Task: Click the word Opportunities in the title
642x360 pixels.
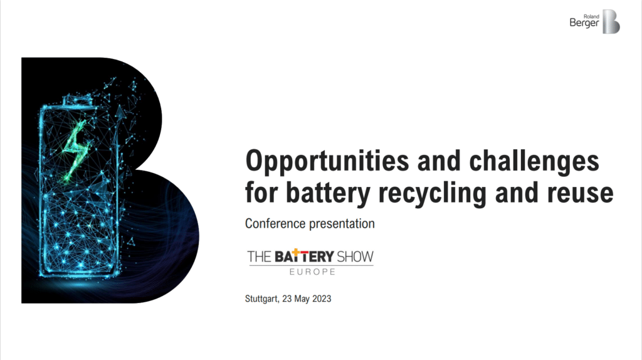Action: [327, 162]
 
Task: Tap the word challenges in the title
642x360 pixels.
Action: [534, 161]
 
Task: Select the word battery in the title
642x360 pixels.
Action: [328, 193]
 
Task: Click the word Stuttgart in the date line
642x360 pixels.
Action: [262, 299]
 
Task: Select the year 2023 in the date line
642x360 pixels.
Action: [322, 299]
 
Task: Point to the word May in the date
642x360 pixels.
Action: [302, 299]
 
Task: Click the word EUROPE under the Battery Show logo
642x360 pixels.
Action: [312, 272]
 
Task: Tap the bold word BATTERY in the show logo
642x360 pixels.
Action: [304, 257]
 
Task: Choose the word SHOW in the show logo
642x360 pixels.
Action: [355, 257]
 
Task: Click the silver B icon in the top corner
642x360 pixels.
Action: [611, 22]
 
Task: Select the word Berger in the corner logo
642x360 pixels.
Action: [584, 23]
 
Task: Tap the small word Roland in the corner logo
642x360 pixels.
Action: [591, 16]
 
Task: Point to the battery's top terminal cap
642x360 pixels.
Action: [76, 100]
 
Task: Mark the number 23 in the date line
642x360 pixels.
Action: [287, 299]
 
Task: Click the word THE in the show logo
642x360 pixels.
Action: [259, 257]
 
